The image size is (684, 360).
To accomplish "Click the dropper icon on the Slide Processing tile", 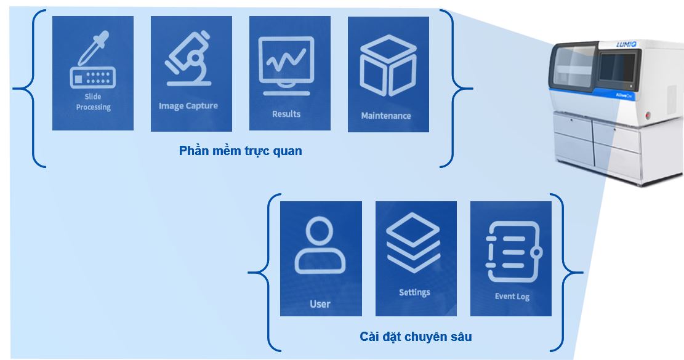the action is pos(92,60).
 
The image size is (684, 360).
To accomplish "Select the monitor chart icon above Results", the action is pos(286,65).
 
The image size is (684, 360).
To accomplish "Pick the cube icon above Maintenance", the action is pos(388,66).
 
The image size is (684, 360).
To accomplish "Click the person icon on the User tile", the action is pos(320,246).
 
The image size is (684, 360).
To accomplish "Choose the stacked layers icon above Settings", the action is pos(412,242).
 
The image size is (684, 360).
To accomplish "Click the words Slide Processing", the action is pos(94,102).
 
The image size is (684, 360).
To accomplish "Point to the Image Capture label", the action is pos(188,106).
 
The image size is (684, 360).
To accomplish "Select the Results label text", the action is pos(286,114).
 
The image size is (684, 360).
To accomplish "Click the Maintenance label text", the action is pos(386,116).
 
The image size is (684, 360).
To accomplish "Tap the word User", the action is pos(320,304).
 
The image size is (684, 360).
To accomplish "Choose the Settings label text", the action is pos(414,292).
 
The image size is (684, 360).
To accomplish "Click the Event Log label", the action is pos(512,297).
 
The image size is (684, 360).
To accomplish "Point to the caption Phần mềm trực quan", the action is pos(240,151).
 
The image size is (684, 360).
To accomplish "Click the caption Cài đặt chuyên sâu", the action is pos(416,337).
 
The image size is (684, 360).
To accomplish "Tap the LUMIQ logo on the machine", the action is pos(626,44).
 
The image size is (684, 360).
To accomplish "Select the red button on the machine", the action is pos(648,115).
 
